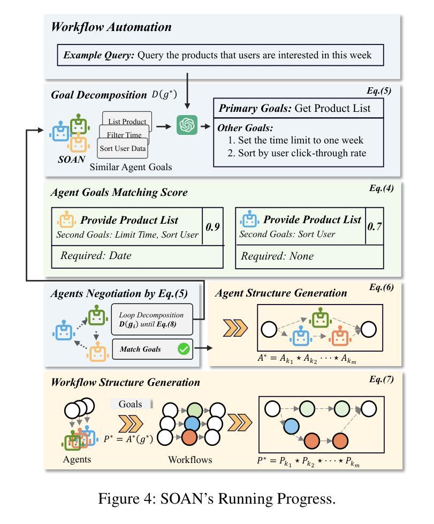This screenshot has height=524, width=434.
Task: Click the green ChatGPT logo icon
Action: click(187, 125)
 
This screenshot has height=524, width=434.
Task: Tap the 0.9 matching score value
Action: click(212, 227)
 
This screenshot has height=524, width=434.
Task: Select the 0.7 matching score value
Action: click(375, 226)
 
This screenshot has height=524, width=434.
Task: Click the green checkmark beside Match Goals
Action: click(184, 349)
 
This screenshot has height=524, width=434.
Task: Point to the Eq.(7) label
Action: click(381, 379)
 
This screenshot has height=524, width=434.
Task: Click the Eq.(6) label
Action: click(381, 287)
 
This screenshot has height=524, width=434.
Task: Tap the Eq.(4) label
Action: click(381, 188)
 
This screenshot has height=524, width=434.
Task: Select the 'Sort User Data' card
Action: click(123, 148)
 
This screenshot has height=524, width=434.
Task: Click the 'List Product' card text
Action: click(127, 121)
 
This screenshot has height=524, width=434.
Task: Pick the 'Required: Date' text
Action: click(96, 256)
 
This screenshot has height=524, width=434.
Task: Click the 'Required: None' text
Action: click(277, 256)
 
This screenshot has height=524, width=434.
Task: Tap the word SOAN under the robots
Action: click(72, 160)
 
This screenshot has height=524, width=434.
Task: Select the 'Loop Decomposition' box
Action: click(152, 320)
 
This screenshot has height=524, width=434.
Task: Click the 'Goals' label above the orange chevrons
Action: click(130, 404)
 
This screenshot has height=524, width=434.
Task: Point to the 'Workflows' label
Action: click(190, 460)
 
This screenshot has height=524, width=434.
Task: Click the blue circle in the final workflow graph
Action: click(291, 427)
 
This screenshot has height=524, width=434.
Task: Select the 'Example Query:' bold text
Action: click(99, 55)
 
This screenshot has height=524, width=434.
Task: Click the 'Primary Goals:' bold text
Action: click(255, 108)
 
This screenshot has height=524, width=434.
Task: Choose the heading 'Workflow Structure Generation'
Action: click(125, 382)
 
